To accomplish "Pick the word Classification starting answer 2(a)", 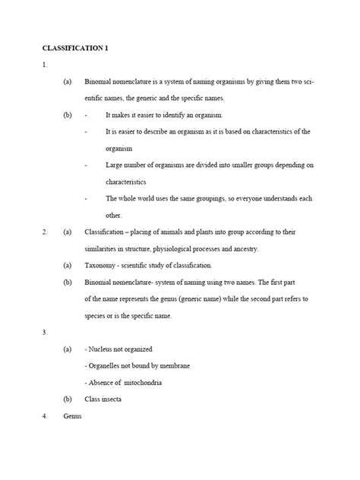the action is coord(106,232).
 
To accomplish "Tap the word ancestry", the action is coord(244,248).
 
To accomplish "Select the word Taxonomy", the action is coord(103,265).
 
